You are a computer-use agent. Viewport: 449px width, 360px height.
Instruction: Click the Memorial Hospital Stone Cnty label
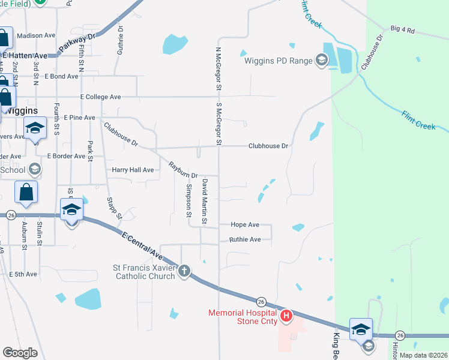(x=243, y=317)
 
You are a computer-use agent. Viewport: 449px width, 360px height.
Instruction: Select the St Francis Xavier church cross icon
(x=184, y=272)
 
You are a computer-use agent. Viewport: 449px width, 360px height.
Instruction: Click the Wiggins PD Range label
(x=278, y=60)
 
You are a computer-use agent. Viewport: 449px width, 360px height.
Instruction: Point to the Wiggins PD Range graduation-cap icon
(x=321, y=59)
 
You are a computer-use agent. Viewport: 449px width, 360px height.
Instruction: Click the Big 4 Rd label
(x=402, y=29)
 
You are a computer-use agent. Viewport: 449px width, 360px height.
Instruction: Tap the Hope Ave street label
(x=245, y=224)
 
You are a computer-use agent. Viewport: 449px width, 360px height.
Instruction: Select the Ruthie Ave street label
(x=245, y=239)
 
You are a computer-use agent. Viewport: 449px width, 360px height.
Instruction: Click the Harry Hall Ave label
(x=133, y=170)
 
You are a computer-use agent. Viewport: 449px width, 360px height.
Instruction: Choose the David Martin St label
(x=205, y=202)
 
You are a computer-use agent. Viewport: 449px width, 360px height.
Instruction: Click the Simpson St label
(x=188, y=200)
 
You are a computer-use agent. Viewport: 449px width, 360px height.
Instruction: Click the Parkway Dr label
(x=78, y=44)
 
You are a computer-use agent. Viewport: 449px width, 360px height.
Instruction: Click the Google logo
(x=20, y=352)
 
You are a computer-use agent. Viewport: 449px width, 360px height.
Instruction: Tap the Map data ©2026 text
(x=423, y=355)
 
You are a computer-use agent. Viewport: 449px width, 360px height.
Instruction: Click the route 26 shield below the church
(x=261, y=301)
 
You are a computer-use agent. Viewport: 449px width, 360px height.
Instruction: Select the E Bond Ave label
(x=61, y=77)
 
